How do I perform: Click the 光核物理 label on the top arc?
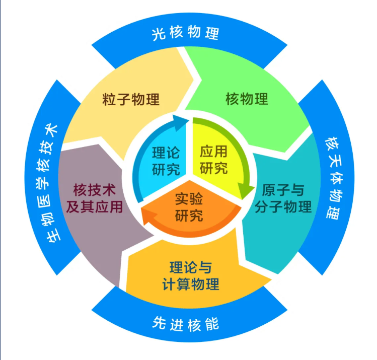pyautogui.click(x=185, y=32)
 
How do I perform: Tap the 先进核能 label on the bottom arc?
pyautogui.click(x=185, y=324)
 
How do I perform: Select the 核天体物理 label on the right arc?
pyautogui.click(x=334, y=178)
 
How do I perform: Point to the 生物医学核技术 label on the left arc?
pyautogui.click(x=48, y=183)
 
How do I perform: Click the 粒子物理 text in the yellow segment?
pyautogui.click(x=131, y=99)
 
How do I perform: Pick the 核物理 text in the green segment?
pyautogui.click(x=247, y=99)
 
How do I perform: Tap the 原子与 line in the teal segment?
pyautogui.click(x=283, y=190)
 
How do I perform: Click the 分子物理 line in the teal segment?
pyautogui.click(x=283, y=207)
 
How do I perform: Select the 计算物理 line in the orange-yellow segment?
pyautogui.click(x=191, y=284)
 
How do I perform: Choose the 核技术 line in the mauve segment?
pyautogui.click(x=95, y=190)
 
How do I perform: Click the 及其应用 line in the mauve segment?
pyautogui.click(x=95, y=207)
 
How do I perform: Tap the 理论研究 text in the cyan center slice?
pyautogui.click(x=166, y=161)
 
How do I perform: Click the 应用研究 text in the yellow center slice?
pyautogui.click(x=213, y=160)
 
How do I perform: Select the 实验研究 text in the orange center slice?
pyautogui.click(x=189, y=207)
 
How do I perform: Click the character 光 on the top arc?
pyautogui.click(x=159, y=34)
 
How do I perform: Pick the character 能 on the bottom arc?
pyautogui.click(x=212, y=324)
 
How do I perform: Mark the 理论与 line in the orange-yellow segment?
pyautogui.click(x=191, y=267)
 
